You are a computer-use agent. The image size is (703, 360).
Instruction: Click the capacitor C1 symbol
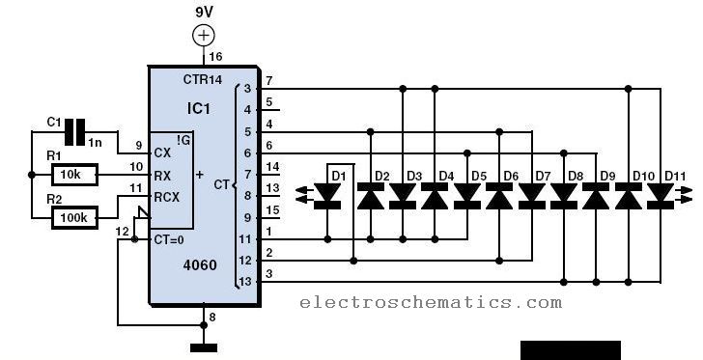(74, 132)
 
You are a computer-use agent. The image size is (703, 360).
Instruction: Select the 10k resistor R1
(74, 175)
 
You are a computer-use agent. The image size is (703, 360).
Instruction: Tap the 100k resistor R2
(74, 218)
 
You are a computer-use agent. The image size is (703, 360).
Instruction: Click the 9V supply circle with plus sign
(204, 36)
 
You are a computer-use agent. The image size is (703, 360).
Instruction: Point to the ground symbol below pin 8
(204, 347)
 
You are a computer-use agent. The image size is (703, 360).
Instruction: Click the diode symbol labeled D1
(327, 196)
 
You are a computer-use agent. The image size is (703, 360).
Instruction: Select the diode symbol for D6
(499, 196)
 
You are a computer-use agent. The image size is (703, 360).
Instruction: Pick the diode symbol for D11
(660, 196)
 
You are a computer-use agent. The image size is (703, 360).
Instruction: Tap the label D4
(446, 176)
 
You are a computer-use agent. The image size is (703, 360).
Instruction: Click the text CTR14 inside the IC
(202, 80)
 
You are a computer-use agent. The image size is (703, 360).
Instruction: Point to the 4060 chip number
(200, 265)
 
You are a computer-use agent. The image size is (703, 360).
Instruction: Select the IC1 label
(198, 108)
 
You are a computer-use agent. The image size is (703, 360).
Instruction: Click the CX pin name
(162, 153)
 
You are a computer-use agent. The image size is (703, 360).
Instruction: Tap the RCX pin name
(166, 197)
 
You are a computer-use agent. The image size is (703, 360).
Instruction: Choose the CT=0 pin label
(169, 240)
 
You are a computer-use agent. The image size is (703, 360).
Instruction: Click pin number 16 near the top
(215, 57)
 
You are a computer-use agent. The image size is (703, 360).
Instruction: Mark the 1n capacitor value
(95, 143)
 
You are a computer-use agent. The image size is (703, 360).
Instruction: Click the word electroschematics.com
(431, 302)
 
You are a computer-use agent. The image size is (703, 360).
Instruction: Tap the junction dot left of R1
(31, 175)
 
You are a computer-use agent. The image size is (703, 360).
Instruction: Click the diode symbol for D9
(596, 196)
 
